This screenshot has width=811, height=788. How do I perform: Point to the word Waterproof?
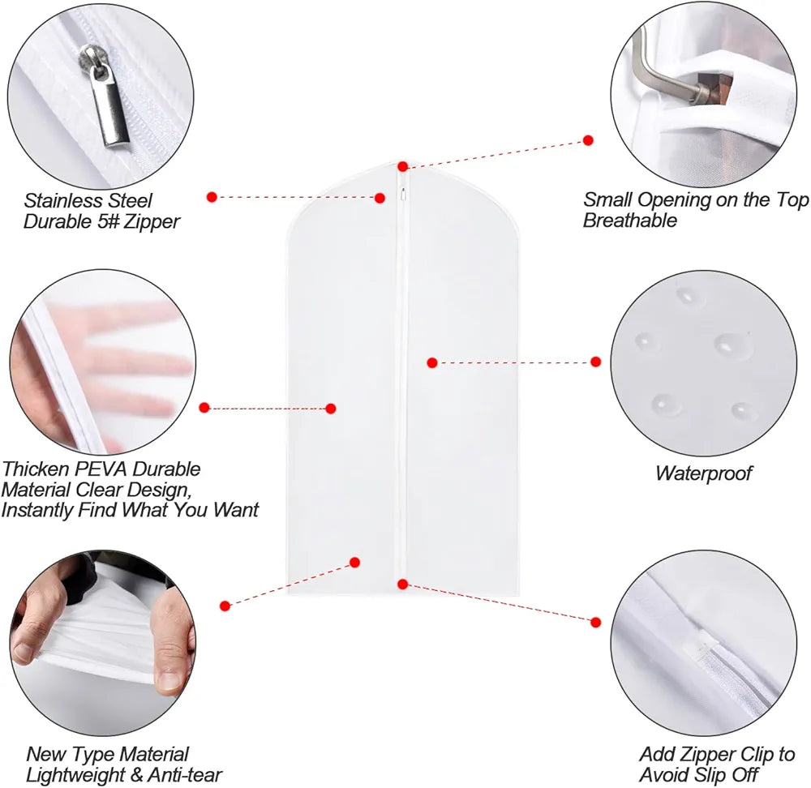point(704,473)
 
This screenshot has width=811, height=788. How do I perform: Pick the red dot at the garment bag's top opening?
point(403,167)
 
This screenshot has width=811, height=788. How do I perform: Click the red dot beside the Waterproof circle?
point(595,362)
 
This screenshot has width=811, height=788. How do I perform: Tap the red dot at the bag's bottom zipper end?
point(402,584)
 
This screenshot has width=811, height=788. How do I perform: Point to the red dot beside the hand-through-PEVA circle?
point(204,408)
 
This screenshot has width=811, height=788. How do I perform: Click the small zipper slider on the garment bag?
point(403,194)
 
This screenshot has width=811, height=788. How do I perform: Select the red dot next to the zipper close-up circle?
point(212,196)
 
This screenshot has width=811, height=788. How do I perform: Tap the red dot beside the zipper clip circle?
point(595,622)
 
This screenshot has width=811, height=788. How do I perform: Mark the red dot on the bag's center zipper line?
point(432,362)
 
